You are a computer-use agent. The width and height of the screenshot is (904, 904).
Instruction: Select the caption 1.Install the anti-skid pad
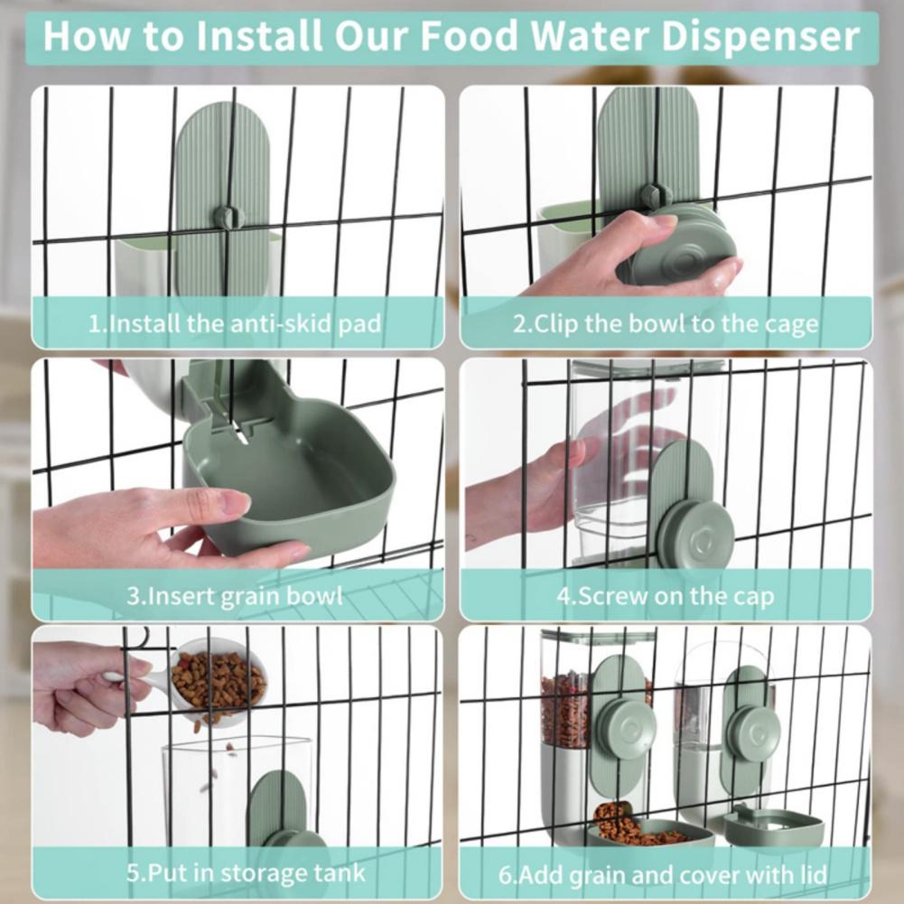click(x=235, y=323)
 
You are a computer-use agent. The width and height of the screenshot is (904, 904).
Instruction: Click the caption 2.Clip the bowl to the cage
click(x=666, y=323)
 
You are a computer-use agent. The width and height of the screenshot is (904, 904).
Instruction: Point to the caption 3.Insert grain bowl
click(x=235, y=596)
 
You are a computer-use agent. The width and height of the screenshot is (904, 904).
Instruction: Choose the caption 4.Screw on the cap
click(x=666, y=596)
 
